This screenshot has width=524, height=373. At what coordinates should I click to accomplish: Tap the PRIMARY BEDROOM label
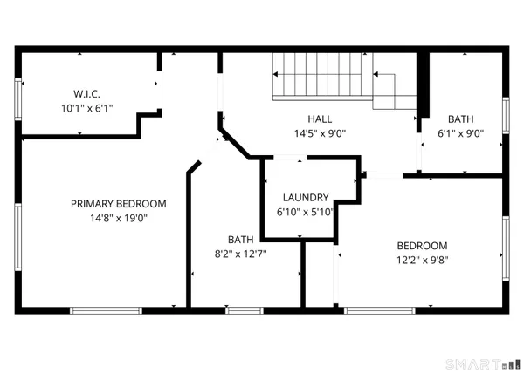click(118, 204)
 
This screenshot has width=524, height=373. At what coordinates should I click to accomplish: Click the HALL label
click(319, 119)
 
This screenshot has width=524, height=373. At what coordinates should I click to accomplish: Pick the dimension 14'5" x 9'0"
click(319, 133)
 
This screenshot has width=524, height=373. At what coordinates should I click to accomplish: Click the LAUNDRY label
click(305, 197)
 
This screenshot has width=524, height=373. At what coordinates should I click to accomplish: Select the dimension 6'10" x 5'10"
click(305, 211)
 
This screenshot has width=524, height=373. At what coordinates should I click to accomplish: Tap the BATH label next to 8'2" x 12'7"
click(241, 239)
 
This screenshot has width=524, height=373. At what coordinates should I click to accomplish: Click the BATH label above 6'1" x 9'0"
click(460, 119)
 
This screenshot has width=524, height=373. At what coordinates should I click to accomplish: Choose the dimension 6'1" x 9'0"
click(460, 133)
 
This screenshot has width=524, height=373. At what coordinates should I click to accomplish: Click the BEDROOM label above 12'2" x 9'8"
click(422, 246)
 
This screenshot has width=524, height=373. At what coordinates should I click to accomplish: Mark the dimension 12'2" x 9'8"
click(422, 260)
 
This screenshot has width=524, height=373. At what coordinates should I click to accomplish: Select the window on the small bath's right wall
click(506, 114)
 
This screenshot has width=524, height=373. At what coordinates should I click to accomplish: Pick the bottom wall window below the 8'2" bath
click(244, 309)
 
